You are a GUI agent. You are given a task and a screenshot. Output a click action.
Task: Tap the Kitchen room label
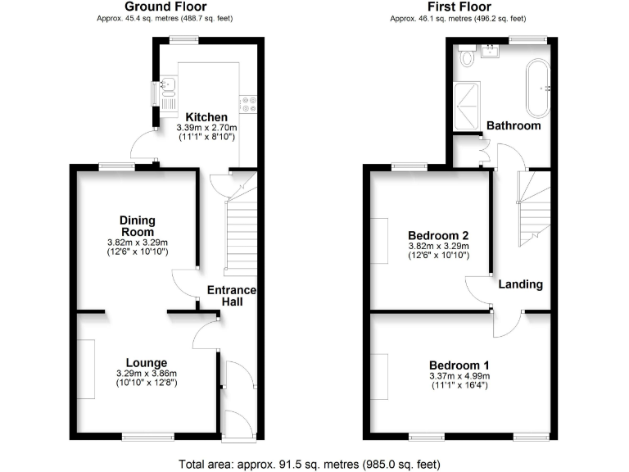click(206, 117)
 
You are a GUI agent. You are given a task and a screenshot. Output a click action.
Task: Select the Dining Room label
click(137, 226)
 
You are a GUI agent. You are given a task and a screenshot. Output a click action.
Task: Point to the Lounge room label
click(147, 363)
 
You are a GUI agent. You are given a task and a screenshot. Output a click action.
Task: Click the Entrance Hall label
click(232, 296)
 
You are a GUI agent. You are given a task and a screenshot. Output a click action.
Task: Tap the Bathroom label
click(514, 126)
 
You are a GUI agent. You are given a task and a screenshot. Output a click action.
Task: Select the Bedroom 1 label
click(459, 365)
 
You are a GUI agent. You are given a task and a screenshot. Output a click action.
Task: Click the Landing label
click(521, 284)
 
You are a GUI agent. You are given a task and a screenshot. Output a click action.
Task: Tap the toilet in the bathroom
click(468, 57)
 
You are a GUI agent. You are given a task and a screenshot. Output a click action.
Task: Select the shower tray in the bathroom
click(469, 106)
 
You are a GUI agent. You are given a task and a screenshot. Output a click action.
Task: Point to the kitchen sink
click(169, 85)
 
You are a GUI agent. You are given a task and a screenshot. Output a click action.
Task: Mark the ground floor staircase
click(239, 238)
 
